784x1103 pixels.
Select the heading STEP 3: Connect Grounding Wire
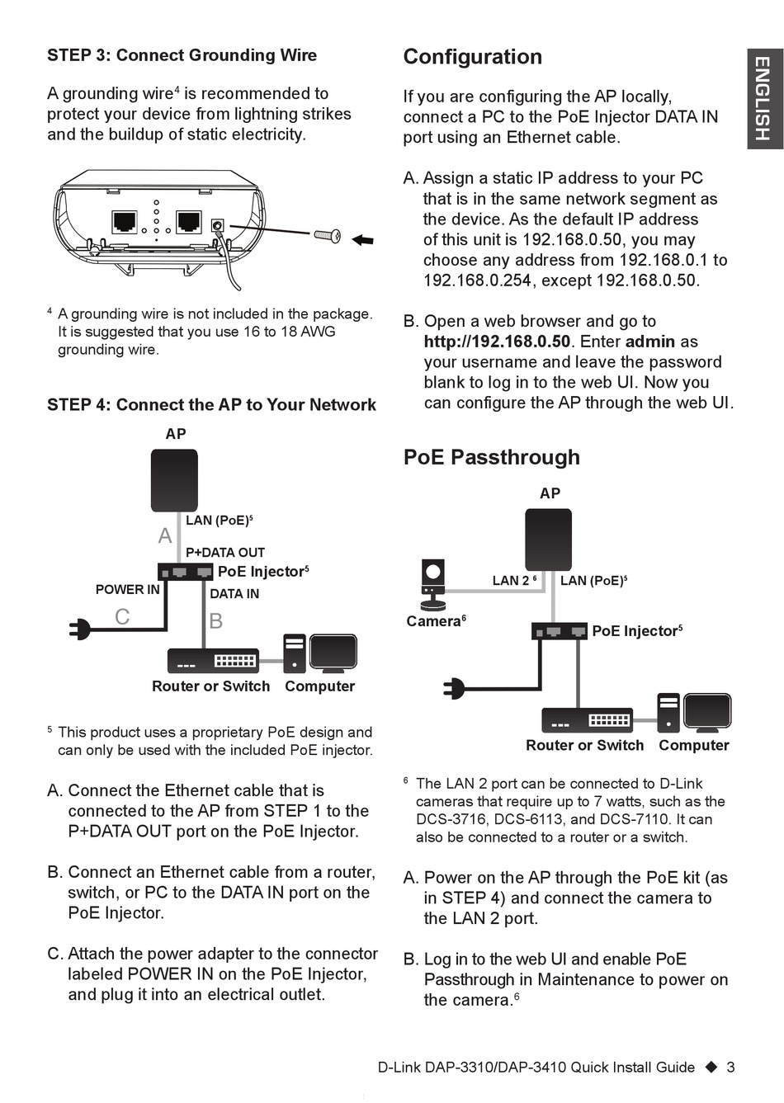(182, 55)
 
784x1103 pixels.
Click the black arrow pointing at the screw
(362, 240)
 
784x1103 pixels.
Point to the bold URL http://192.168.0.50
(497, 342)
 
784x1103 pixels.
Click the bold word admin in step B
(650, 342)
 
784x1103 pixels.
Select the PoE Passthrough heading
(491, 457)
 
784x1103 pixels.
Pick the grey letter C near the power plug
(122, 616)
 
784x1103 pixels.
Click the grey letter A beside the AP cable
(165, 535)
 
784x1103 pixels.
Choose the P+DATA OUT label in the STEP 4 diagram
(225, 552)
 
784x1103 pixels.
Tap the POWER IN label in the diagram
(127, 589)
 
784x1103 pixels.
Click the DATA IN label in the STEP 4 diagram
(234, 593)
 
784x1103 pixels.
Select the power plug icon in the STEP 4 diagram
(81, 629)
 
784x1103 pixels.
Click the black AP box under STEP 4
(174, 480)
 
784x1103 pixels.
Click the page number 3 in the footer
(730, 1067)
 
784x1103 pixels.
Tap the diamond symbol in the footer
(711, 1067)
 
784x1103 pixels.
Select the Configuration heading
(472, 57)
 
